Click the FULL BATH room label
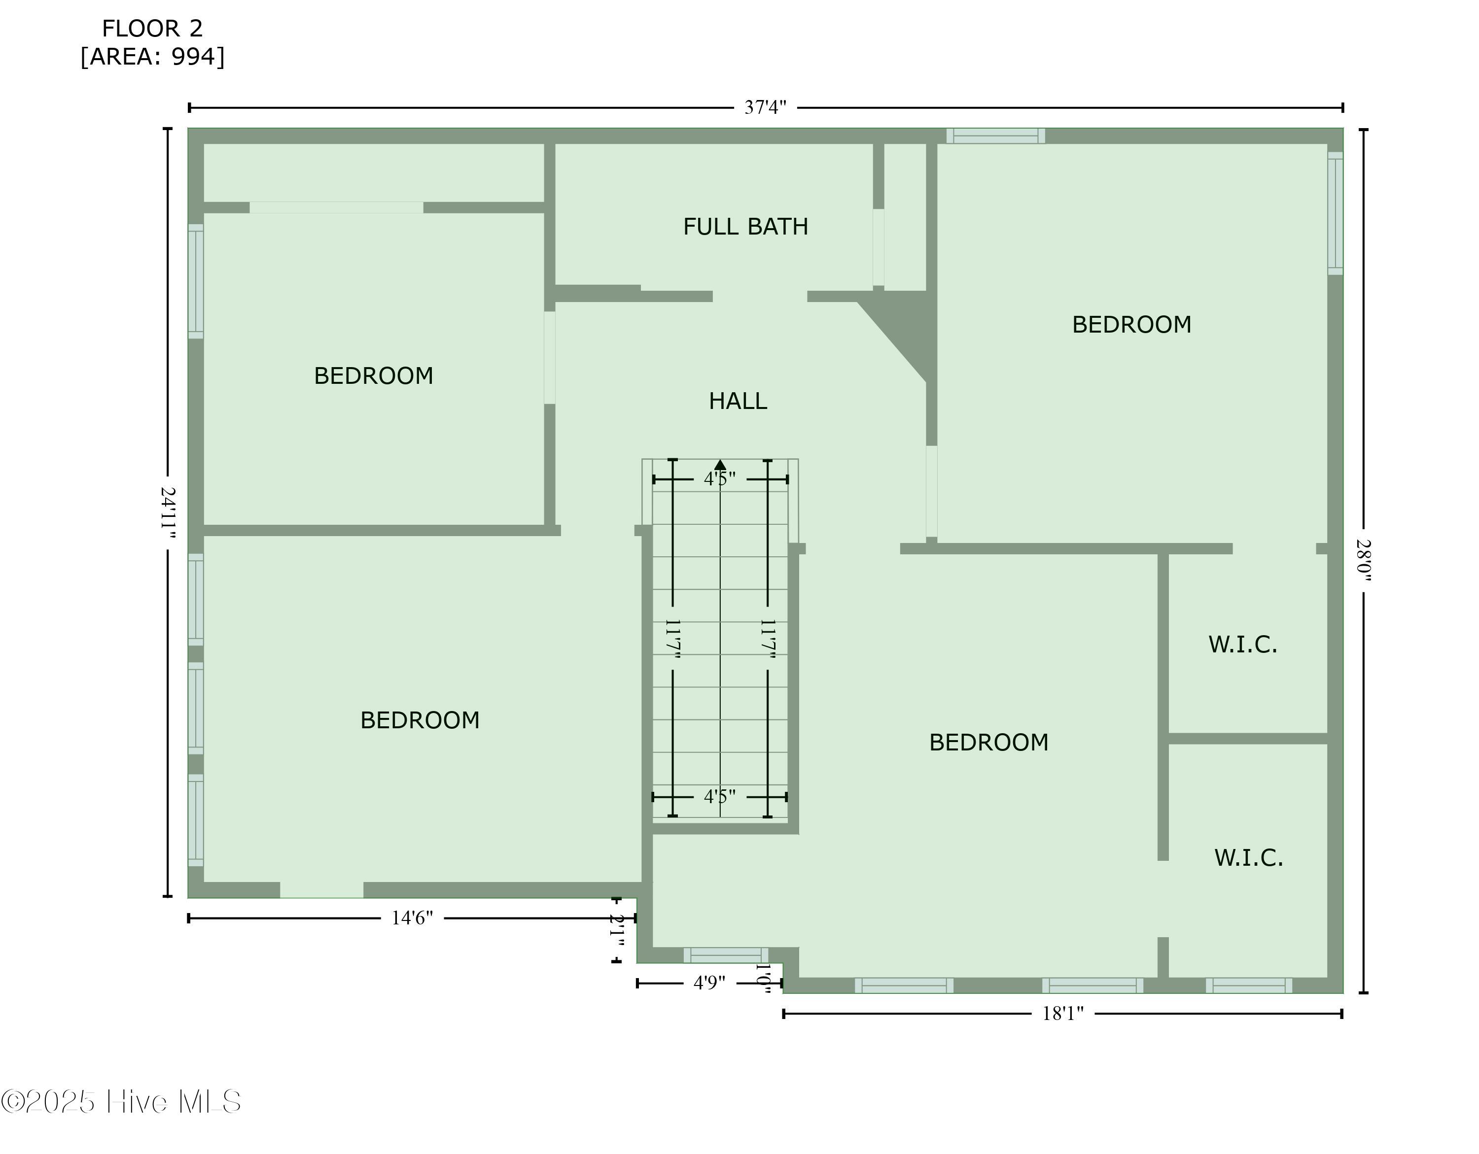click(x=745, y=227)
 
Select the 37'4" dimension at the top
click(x=765, y=107)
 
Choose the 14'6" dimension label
click(x=412, y=918)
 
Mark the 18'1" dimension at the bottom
click(x=1062, y=1013)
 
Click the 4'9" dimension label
click(x=709, y=983)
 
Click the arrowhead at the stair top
click(x=720, y=465)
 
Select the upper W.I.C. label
click(x=1243, y=645)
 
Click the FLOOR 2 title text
click(x=152, y=29)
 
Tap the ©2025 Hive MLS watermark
click(x=121, y=1102)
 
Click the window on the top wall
click(x=995, y=136)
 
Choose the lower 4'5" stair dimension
click(x=719, y=797)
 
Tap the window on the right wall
click(x=1335, y=213)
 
